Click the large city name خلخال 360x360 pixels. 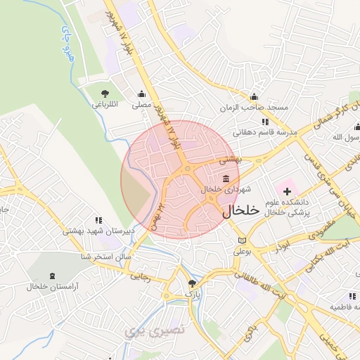point(240,210)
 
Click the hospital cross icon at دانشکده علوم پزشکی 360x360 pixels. point(287,191)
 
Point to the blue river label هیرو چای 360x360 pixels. point(67,44)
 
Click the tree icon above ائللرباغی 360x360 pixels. point(105,94)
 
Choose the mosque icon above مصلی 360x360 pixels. point(142,94)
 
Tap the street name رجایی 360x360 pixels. point(142,276)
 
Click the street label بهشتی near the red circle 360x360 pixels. point(230,160)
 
